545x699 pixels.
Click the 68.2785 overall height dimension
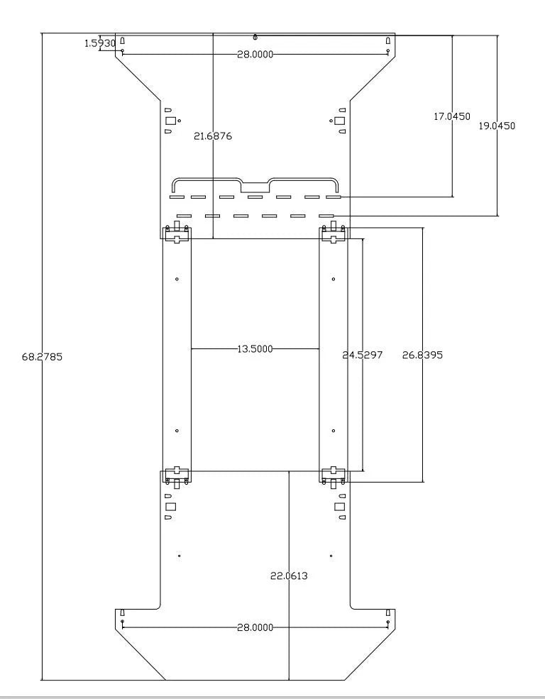[43, 357]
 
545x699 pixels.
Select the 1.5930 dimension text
[100, 43]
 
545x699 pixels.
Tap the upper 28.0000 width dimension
[255, 55]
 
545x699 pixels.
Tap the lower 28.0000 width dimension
[255, 627]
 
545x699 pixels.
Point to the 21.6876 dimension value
[213, 136]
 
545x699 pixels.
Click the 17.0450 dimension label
[452, 116]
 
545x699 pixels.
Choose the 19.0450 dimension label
[497, 126]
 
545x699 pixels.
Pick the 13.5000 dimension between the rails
[255, 348]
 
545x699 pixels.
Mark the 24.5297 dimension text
[363, 355]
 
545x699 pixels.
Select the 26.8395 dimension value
[422, 355]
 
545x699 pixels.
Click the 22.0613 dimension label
[289, 576]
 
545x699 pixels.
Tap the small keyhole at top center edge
[255, 37]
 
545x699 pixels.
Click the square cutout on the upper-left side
[170, 121]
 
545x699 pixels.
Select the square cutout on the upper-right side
[340, 121]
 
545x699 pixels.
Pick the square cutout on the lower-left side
[170, 507]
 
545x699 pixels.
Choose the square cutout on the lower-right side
[340, 507]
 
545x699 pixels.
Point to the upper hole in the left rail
[177, 279]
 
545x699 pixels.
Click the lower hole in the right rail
[334, 431]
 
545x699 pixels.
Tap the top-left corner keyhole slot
[123, 40]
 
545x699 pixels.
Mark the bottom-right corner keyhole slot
[388, 612]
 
